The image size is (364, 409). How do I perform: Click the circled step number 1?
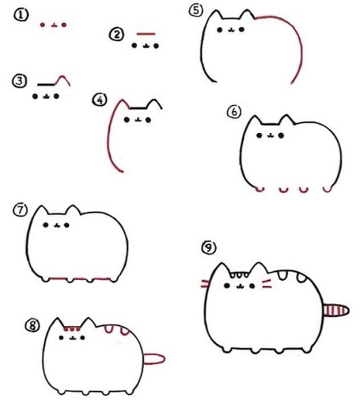click(x=20, y=15)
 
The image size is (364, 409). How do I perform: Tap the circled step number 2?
click(x=116, y=34)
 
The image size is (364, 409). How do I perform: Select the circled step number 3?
click(x=19, y=81)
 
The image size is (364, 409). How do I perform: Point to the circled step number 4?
click(x=100, y=100)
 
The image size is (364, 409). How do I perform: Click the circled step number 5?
click(x=196, y=11)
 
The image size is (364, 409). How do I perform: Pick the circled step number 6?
click(x=234, y=112)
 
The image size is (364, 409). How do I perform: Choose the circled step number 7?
click(x=20, y=210)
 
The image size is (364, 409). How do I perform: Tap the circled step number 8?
click(x=33, y=326)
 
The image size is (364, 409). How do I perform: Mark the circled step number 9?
click(x=209, y=247)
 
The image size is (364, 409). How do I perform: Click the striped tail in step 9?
click(x=336, y=310)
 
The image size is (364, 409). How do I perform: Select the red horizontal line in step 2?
click(x=146, y=33)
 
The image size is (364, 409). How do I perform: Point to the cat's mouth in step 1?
click(x=54, y=25)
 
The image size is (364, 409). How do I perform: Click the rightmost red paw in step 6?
click(x=327, y=189)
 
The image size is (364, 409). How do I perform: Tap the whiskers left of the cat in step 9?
click(x=205, y=284)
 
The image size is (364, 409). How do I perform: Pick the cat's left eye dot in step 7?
click(x=46, y=224)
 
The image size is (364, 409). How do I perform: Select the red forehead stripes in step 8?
click(x=72, y=329)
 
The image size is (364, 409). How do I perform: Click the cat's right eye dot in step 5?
click(x=241, y=29)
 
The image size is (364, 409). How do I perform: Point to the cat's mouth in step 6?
click(x=271, y=136)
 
